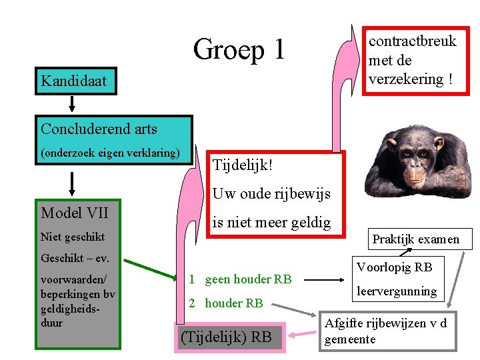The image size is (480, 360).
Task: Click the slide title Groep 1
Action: click(239, 49)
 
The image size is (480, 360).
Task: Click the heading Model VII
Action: click(75, 213)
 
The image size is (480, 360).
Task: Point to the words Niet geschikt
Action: click(73, 236)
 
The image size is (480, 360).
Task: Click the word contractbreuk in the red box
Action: click(413, 41)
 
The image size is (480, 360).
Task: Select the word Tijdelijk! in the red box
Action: click(243, 164)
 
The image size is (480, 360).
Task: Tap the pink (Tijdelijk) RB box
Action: click(227, 337)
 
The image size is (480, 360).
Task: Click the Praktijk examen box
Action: click(415, 239)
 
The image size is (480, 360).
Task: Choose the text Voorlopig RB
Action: click(394, 267)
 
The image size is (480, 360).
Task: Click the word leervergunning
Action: click(396, 291)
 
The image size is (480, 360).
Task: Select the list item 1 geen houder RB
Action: click(239, 279)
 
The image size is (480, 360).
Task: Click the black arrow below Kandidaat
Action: click(72, 103)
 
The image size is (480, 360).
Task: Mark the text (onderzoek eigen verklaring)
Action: click(110, 153)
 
